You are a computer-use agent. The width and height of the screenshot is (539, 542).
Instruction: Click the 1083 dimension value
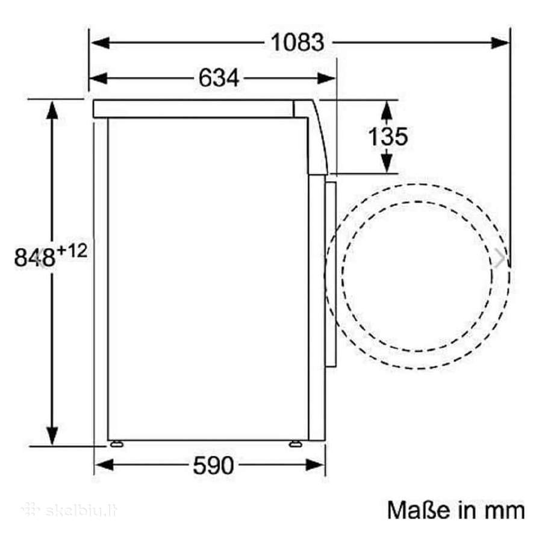coord(298,43)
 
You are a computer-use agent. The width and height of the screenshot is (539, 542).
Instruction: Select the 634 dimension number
coord(219,78)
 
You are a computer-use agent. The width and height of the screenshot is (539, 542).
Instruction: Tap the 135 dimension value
coord(388,136)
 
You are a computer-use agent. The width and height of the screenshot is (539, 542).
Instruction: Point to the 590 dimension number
coord(213,466)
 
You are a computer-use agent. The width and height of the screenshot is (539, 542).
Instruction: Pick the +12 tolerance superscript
coord(72,251)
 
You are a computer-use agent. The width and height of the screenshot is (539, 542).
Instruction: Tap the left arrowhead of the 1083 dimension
coord(100,43)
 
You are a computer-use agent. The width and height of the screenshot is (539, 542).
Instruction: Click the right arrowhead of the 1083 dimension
coord(500,43)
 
